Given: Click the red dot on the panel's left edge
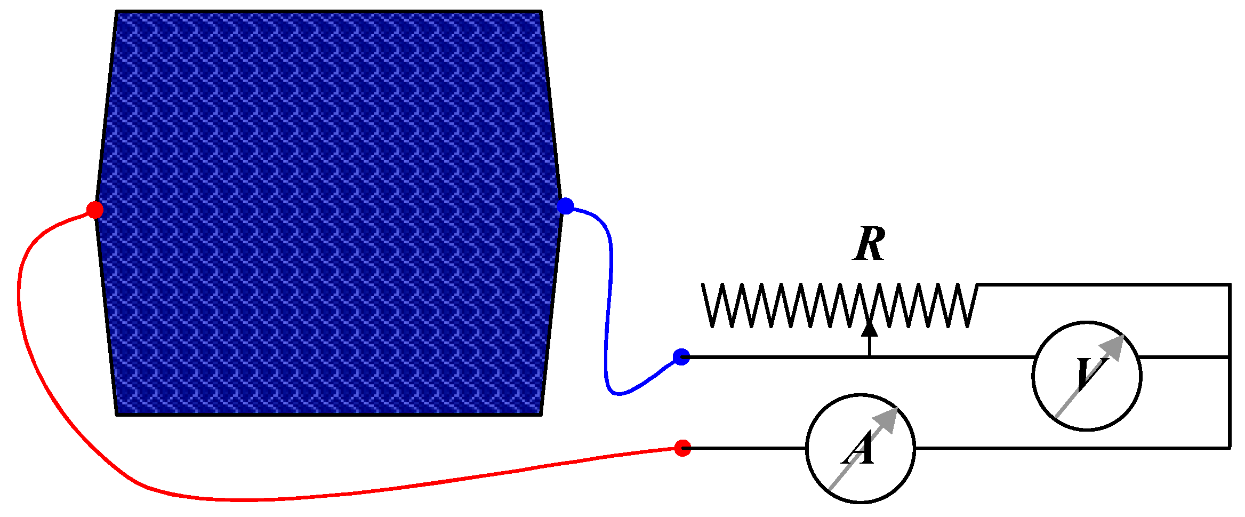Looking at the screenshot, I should (x=95, y=210).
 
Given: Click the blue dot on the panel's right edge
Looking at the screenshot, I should (x=565, y=206).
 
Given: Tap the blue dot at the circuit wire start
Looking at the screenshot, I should (x=681, y=357).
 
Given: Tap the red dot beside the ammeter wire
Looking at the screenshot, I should (x=682, y=448).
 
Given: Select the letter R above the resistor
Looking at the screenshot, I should (x=869, y=244).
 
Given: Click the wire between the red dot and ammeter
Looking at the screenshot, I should (x=746, y=448).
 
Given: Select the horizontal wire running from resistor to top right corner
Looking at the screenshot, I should (x=1104, y=285).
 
